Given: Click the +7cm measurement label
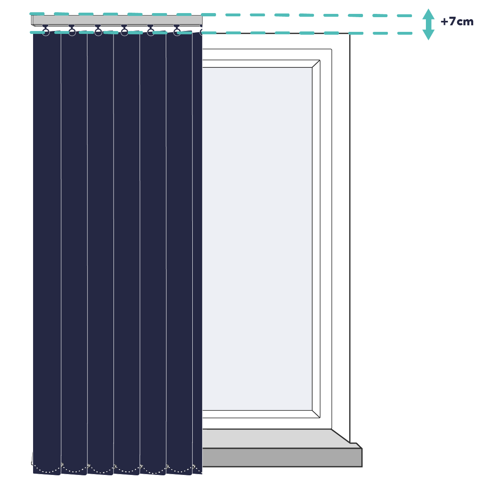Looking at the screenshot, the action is click(x=457, y=22).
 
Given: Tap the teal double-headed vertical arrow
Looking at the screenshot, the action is click(x=428, y=24).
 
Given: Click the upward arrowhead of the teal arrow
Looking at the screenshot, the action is click(x=428, y=14).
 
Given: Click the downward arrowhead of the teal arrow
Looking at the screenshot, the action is click(x=428, y=35).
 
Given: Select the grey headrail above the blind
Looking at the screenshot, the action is click(x=117, y=20).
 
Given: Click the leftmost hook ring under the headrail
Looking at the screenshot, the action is click(x=46, y=32).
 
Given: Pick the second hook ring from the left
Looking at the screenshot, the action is click(x=72, y=32).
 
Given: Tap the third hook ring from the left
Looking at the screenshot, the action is click(x=98, y=32).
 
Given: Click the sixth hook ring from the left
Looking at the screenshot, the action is click(x=177, y=32).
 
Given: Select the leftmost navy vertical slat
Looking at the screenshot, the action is click(x=47, y=252).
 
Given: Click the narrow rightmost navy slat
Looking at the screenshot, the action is click(x=197, y=252).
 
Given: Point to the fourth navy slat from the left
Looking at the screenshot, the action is click(x=127, y=252).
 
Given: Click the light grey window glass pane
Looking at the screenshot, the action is click(x=257, y=238).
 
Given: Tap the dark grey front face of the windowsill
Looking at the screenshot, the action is click(x=282, y=457).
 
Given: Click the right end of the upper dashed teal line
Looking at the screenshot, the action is click(x=411, y=16).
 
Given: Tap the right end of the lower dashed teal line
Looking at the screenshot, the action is click(x=411, y=33).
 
